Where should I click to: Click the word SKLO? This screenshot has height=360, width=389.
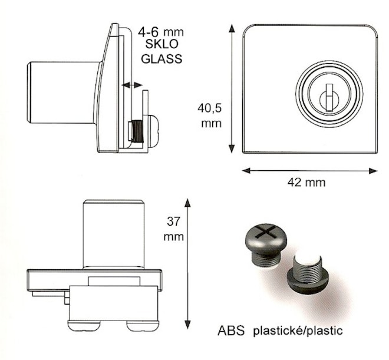coord(161,44)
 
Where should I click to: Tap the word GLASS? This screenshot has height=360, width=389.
coord(161,59)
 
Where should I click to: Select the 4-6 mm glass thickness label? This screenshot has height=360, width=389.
coord(161,32)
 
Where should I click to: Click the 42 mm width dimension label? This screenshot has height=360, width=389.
coord(306,183)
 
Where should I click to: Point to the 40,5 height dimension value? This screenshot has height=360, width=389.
coord(209,108)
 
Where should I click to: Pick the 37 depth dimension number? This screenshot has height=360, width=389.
coord(173,222)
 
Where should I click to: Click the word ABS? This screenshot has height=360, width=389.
coord(231,331)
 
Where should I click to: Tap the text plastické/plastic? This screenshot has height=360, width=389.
coord(298,331)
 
